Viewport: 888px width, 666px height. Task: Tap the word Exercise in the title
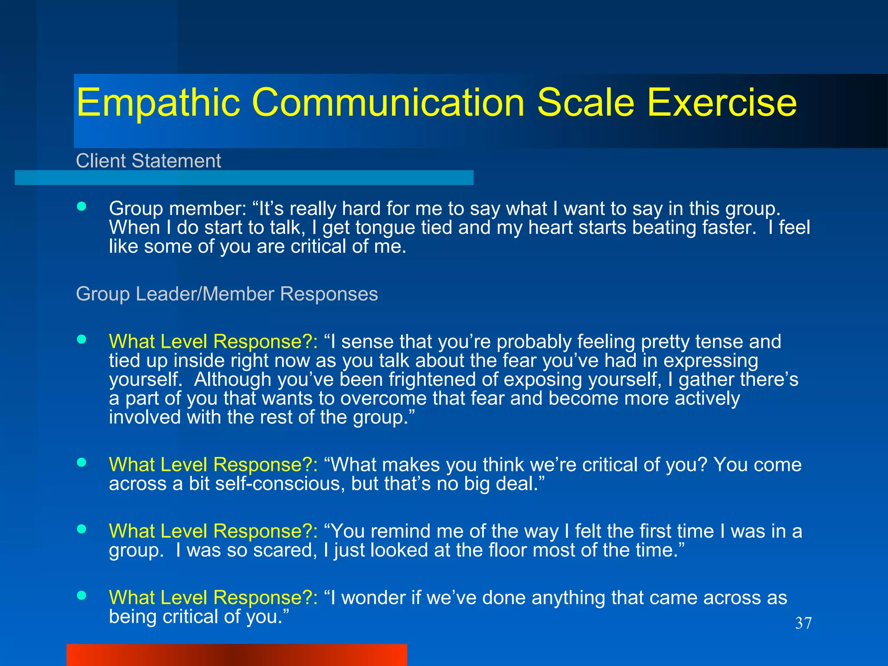[721, 103]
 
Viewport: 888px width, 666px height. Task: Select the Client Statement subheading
[148, 161]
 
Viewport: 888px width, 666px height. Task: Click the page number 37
[803, 624]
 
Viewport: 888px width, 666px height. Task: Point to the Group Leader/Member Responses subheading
[227, 294]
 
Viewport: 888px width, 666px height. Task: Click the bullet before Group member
[82, 206]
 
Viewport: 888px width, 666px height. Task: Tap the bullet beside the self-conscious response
[82, 462]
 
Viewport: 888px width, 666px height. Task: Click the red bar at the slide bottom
[237, 655]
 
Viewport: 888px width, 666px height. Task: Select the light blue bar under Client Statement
[244, 178]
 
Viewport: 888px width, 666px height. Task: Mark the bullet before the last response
[82, 595]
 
